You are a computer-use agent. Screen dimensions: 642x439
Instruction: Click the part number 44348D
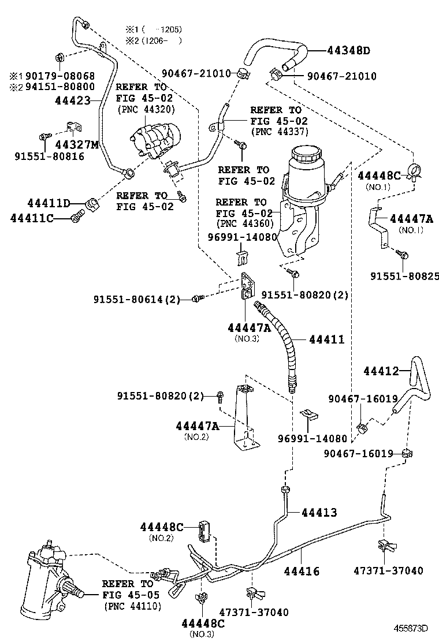click(x=341, y=51)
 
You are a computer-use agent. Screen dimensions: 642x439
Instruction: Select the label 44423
click(x=73, y=100)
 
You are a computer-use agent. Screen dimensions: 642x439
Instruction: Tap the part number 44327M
click(x=77, y=144)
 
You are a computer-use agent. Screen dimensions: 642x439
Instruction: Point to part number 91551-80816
click(x=49, y=156)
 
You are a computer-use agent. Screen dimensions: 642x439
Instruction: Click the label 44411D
click(x=49, y=203)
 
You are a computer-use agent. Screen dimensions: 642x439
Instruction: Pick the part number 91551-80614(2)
click(x=137, y=299)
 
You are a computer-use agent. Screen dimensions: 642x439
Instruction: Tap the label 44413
click(x=318, y=512)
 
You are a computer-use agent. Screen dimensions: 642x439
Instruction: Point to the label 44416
click(x=301, y=571)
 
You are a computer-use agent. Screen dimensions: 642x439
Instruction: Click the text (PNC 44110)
click(x=132, y=606)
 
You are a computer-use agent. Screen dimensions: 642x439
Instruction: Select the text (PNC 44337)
click(x=279, y=132)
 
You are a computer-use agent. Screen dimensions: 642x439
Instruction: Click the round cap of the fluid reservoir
click(x=306, y=155)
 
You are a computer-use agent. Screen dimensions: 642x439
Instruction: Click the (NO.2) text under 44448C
click(x=162, y=538)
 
